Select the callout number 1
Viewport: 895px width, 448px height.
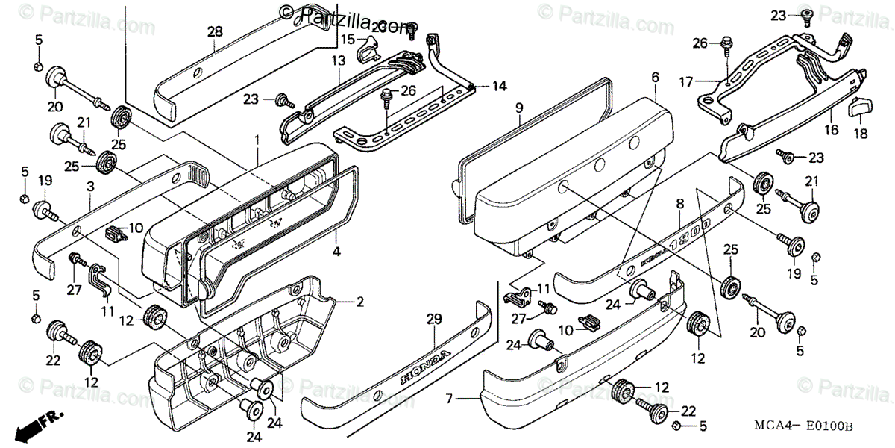[x=257, y=140]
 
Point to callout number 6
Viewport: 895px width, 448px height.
[x=655, y=77]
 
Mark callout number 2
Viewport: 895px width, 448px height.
[x=359, y=302]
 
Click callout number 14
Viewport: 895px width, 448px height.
[x=499, y=86]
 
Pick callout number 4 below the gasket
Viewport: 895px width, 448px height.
[x=336, y=252]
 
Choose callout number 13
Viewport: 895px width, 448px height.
[x=339, y=60]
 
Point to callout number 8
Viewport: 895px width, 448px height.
[x=679, y=203]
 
